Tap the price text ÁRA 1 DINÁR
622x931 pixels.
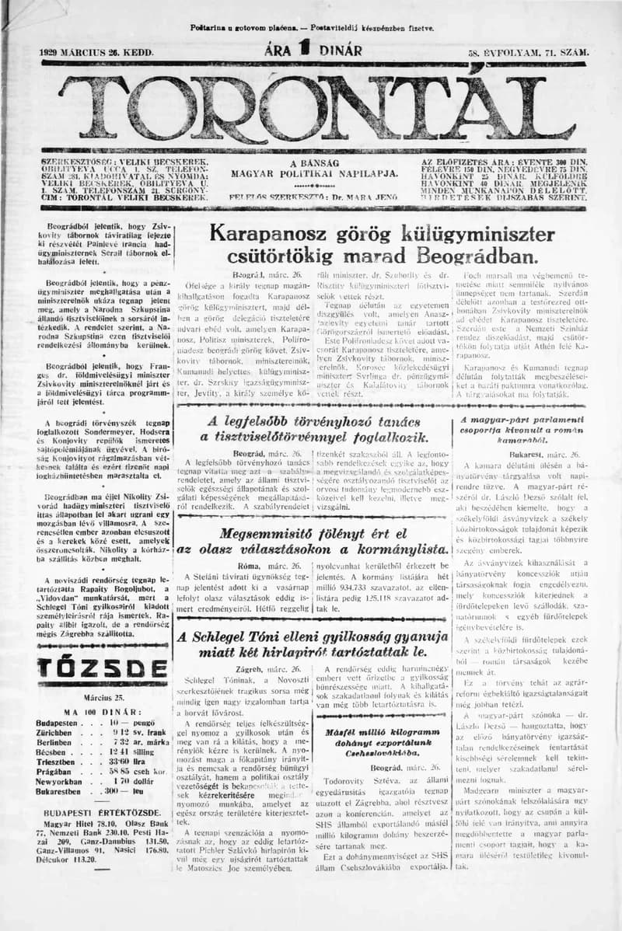(x=313, y=51)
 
